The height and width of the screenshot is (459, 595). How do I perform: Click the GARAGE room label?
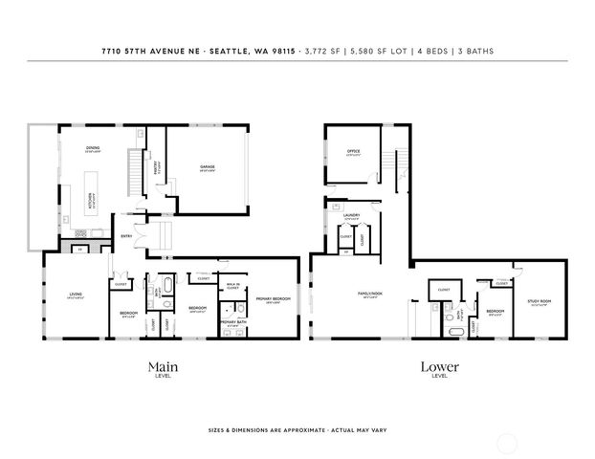[x=207, y=167]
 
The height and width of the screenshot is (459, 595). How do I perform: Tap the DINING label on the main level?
[x=93, y=148]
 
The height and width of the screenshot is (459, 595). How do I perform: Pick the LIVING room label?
[x=75, y=295]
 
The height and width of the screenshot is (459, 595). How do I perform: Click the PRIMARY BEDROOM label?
[x=273, y=299]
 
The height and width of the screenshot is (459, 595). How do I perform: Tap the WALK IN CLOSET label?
[x=232, y=286]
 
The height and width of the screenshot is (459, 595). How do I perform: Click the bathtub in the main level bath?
[x=167, y=285]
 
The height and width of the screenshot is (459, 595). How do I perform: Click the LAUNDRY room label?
[x=350, y=216]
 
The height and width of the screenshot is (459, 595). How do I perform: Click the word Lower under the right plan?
[x=439, y=366]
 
